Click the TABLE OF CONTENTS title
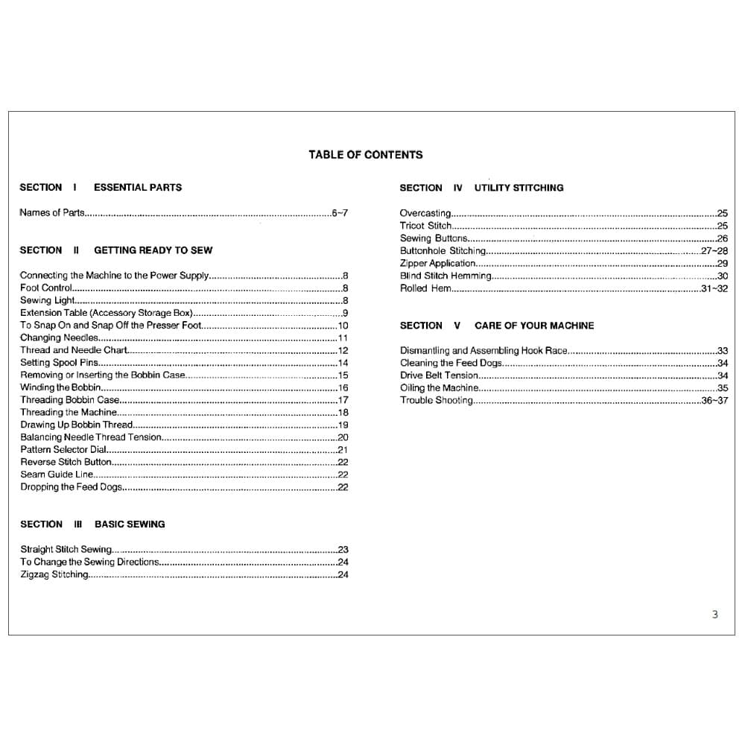365,155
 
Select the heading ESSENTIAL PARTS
137,188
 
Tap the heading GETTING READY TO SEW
153,250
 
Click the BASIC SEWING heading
130,524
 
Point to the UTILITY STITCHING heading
519,188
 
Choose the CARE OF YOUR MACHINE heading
534,326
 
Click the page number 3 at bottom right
715,615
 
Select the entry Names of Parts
52,213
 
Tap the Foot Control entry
46,288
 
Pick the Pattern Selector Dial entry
64,450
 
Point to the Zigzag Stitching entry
54,575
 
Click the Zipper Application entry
437,263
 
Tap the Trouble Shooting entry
437,400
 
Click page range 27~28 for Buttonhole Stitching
714,251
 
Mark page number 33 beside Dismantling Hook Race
722,350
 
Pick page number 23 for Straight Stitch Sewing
343,550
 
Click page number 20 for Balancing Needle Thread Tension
343,437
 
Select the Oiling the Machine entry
440,388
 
